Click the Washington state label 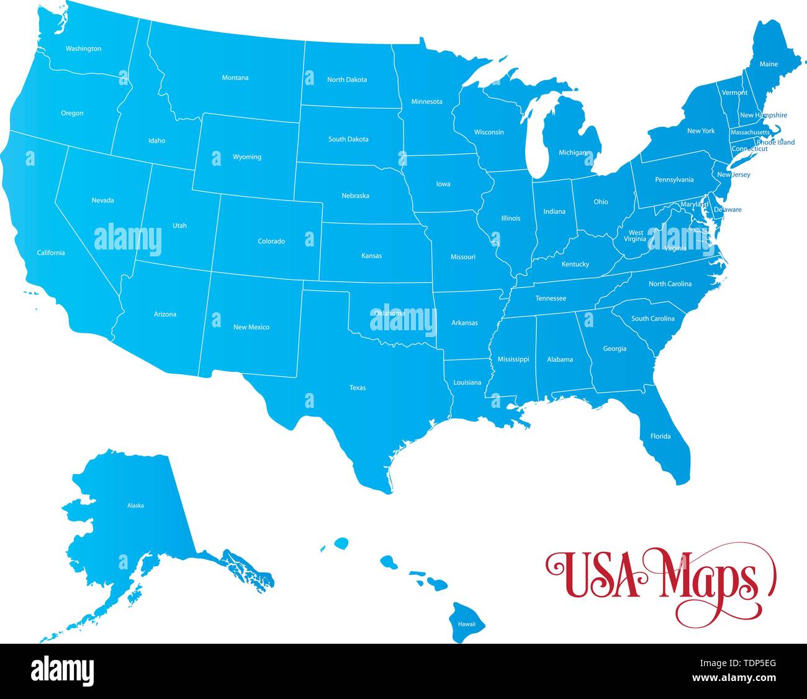(83, 48)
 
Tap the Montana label (235, 78)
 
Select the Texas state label (358, 388)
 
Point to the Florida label (660, 436)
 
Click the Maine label (769, 65)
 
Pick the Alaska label (135, 506)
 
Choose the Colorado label (271, 241)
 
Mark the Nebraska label (355, 196)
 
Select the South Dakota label (348, 140)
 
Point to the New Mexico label (251, 327)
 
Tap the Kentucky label (575, 264)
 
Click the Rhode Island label (775, 143)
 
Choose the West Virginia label (635, 236)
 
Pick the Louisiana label (467, 383)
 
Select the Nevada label (102, 201)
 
